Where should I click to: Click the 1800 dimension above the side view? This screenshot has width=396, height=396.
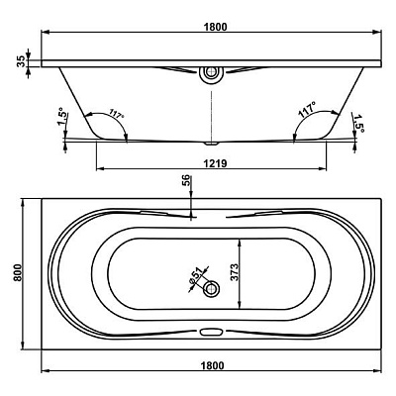point(216,27)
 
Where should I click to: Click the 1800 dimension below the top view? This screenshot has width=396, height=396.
point(212,365)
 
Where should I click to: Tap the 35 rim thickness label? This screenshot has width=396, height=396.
point(21,61)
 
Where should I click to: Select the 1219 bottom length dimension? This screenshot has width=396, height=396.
point(215,163)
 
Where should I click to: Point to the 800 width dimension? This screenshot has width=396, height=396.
point(17,272)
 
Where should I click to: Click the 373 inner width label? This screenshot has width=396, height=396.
point(234,272)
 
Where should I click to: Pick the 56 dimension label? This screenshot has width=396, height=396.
point(186,181)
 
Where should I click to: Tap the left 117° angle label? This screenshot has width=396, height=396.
point(116,115)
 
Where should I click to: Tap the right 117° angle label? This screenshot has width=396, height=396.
point(307,110)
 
